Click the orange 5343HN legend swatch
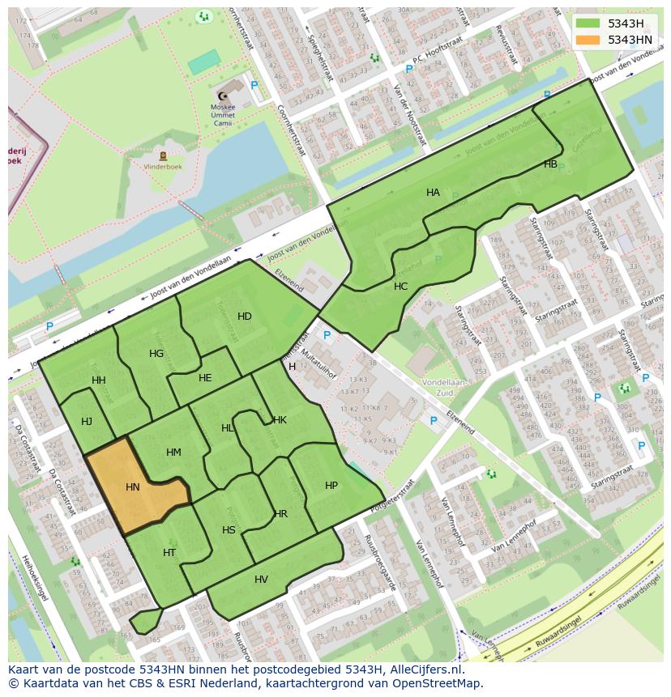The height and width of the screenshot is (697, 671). tap(589, 40)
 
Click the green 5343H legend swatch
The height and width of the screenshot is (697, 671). tap(589, 23)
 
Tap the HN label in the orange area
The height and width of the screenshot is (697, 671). tap(133, 487)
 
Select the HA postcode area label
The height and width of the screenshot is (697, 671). tap(433, 193)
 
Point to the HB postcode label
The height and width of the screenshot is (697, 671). tap(550, 164)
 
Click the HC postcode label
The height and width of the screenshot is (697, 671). tap(400, 287)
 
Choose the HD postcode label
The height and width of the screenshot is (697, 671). tap(244, 316)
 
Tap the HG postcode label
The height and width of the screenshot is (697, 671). tap(156, 354)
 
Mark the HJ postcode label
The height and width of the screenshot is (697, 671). tap(87, 421)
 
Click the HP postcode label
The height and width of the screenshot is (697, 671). tap(331, 486)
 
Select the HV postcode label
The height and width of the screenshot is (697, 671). tap(261, 580)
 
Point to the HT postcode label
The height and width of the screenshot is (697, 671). tap(169, 553)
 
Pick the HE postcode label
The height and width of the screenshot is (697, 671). tap(205, 378)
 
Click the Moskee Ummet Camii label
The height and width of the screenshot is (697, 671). tap(222, 113)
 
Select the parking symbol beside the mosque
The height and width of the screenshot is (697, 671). tap(254, 85)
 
